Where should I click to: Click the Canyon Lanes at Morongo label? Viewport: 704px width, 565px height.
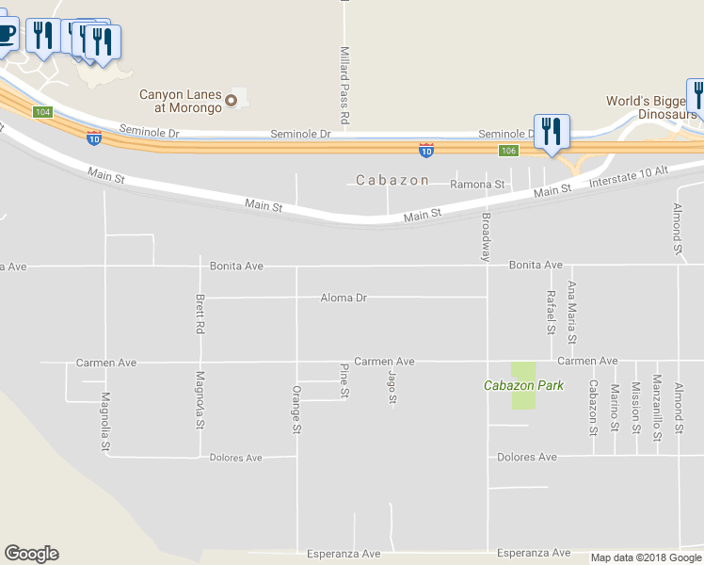point(180,101)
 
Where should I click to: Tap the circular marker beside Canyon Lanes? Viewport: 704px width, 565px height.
point(231,98)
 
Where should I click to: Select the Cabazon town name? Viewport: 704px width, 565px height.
point(392,180)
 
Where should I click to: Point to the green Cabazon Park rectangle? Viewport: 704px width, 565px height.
point(523,385)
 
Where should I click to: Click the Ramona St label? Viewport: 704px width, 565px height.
point(478,185)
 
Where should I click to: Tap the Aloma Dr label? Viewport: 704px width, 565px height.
point(343,298)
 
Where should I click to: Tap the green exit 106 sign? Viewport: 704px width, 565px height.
point(508,151)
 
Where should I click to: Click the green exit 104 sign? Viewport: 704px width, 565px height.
point(40,112)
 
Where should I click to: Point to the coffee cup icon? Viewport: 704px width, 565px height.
point(6,35)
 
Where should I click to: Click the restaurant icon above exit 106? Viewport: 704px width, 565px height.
point(551,131)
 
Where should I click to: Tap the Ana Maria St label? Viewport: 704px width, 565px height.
point(571,312)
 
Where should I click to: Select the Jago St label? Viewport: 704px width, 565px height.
point(392,388)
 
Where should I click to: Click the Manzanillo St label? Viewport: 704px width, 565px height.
point(657,406)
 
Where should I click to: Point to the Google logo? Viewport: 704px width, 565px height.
point(31,554)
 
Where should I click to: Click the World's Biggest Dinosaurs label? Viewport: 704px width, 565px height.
point(649,107)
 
